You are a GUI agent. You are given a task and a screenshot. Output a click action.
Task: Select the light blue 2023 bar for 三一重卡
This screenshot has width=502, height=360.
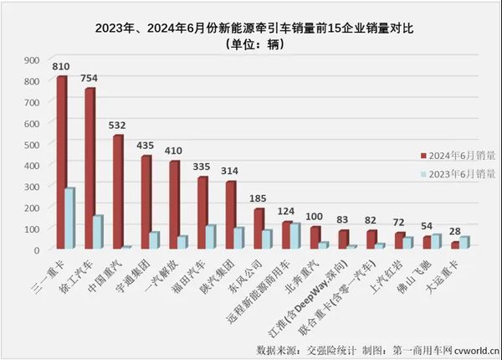coord(70,219)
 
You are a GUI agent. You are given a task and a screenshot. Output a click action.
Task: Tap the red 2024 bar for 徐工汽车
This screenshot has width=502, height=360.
coord(90,168)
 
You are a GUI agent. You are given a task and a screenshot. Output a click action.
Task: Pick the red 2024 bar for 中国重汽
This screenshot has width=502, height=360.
coord(118,192)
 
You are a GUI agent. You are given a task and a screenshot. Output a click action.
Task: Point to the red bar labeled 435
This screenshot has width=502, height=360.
coord(146,202)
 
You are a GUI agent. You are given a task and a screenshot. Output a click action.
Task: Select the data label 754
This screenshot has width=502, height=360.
coord(89,79)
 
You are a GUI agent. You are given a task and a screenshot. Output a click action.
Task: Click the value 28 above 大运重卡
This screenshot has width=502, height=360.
coord(456,231)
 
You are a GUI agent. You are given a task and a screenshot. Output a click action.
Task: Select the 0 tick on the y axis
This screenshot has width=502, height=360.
coord(36,249)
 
